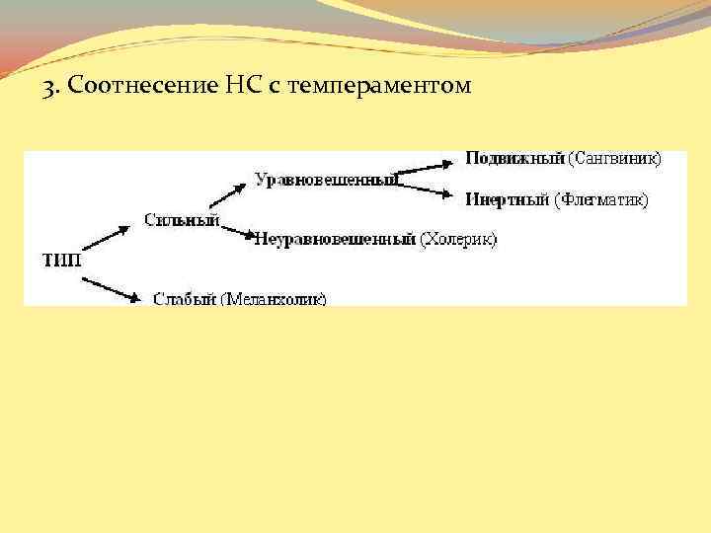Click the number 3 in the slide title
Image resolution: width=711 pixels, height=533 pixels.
47,88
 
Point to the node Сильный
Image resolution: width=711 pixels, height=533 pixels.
181,218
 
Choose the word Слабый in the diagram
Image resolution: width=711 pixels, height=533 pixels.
184,298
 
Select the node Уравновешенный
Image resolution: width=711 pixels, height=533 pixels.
326,179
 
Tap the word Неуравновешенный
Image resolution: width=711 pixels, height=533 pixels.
335,239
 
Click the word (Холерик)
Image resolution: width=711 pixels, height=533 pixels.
458,239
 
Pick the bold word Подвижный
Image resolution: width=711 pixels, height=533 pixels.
514,158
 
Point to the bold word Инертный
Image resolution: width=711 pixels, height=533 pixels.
508,199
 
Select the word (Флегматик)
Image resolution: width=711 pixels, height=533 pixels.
600,199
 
